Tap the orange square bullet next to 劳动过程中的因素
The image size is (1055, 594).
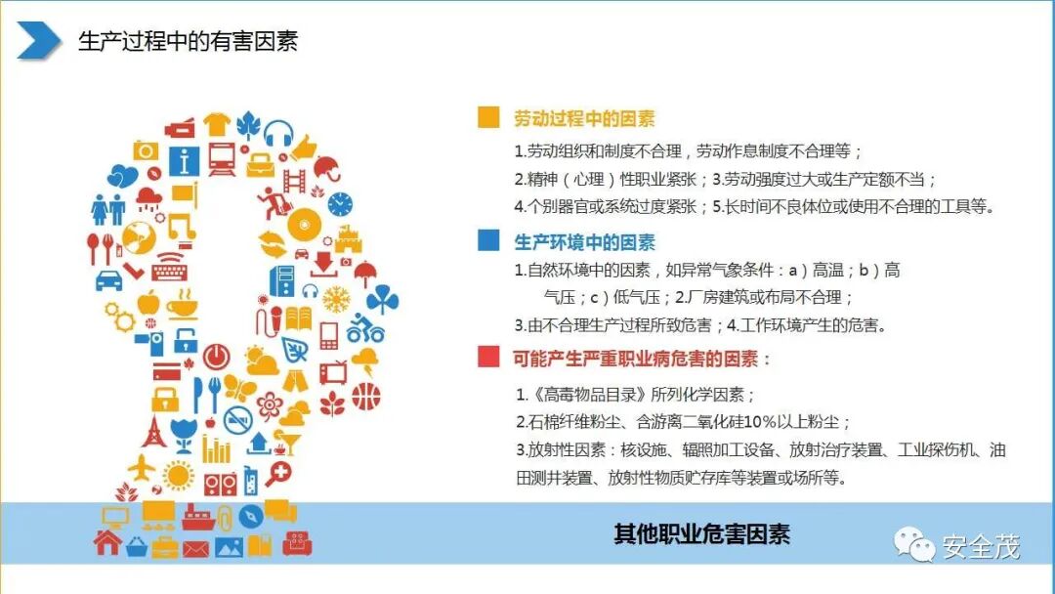tap(488, 118)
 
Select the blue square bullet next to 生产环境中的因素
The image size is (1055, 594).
tap(488, 241)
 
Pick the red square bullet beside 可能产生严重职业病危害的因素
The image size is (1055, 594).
tap(488, 359)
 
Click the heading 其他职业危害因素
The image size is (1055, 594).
tap(701, 534)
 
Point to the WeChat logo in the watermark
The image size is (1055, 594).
tap(916, 546)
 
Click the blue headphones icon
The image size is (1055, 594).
tap(278, 132)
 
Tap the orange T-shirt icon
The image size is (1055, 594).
tap(217, 124)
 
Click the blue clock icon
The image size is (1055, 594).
tap(340, 204)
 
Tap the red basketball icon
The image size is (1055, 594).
tap(365, 396)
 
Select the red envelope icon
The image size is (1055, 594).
tap(195, 548)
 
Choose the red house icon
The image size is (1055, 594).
tap(106, 543)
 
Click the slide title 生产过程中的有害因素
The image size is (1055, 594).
tap(188, 41)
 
